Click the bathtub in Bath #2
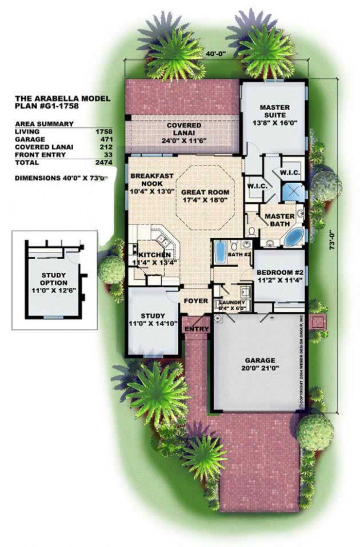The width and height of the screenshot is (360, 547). (x=220, y=252)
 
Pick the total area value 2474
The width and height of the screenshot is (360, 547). (x=103, y=163)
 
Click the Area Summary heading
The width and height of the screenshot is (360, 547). (x=45, y=123)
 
